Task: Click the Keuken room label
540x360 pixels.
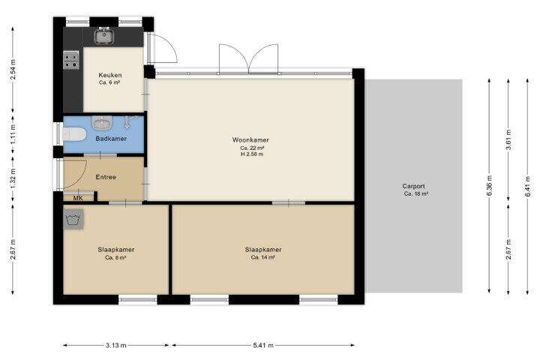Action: point(110,75)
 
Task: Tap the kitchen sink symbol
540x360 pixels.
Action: point(104,36)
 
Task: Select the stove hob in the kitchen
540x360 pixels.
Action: point(71,60)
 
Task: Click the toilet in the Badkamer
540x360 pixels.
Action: point(74,134)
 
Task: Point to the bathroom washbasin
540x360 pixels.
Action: point(102,123)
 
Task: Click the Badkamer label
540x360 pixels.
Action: point(111,139)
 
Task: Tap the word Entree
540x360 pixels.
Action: point(106,177)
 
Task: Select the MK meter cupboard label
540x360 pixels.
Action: point(78,199)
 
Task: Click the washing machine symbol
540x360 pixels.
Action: point(73,219)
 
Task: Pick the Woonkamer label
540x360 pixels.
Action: point(250,139)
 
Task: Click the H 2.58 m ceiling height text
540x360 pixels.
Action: point(252,154)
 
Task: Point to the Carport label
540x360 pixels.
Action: point(413,186)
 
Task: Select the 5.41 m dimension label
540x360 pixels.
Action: point(263,345)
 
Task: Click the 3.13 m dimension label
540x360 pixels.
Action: point(116,345)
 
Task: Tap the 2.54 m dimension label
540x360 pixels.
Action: point(13,70)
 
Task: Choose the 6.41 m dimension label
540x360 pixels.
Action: point(527,186)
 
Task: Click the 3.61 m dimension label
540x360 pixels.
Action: point(508,139)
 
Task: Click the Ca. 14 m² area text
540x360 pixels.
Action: point(263,257)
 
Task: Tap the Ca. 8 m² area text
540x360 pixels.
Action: point(115,257)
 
